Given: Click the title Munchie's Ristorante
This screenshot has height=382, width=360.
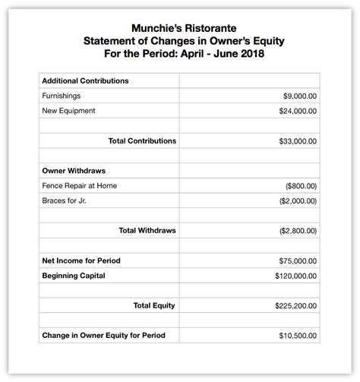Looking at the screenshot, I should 179,27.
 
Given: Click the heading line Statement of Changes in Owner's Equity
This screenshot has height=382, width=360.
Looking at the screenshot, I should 179,41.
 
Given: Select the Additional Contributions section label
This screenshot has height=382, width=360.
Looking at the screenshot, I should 85,81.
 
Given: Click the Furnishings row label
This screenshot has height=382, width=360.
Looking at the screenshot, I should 62,96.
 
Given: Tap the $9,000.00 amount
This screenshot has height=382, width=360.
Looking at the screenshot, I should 299,96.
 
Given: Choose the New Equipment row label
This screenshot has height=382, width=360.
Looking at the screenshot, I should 68,111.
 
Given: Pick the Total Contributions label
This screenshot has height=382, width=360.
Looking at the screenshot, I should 143,140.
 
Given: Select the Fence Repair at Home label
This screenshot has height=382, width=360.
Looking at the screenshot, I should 80,185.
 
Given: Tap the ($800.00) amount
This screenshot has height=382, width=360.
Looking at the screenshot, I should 301,186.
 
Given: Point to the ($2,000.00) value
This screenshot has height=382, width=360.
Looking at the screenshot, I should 298,200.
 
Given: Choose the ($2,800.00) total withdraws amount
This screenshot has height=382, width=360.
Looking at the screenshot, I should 298,231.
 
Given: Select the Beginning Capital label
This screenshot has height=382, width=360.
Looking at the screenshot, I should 74,275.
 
